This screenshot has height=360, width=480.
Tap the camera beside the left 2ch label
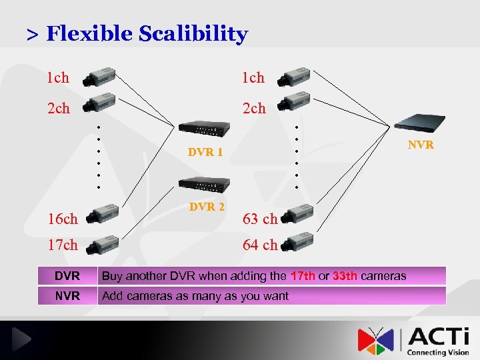[x=99, y=103]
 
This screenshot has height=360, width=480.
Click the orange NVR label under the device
[x=421, y=145]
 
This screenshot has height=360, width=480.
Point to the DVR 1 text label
[x=205, y=152]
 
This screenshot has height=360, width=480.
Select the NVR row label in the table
[x=67, y=295]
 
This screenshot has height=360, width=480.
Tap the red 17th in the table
[x=303, y=276]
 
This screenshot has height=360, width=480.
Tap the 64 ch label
[x=260, y=245]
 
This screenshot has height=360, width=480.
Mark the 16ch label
[x=62, y=219]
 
